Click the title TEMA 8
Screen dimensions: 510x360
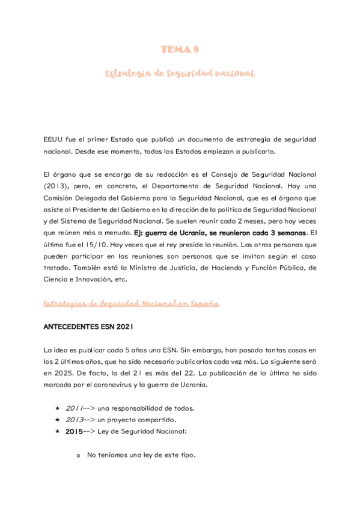tap(180, 49)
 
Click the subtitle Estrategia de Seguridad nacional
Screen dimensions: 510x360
tap(180, 73)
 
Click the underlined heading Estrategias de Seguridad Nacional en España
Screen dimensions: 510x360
tap(131, 304)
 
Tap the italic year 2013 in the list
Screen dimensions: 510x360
tap(75, 419)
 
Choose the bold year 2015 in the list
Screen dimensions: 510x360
tap(75, 431)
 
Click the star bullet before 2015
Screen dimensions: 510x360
tap(57, 431)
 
